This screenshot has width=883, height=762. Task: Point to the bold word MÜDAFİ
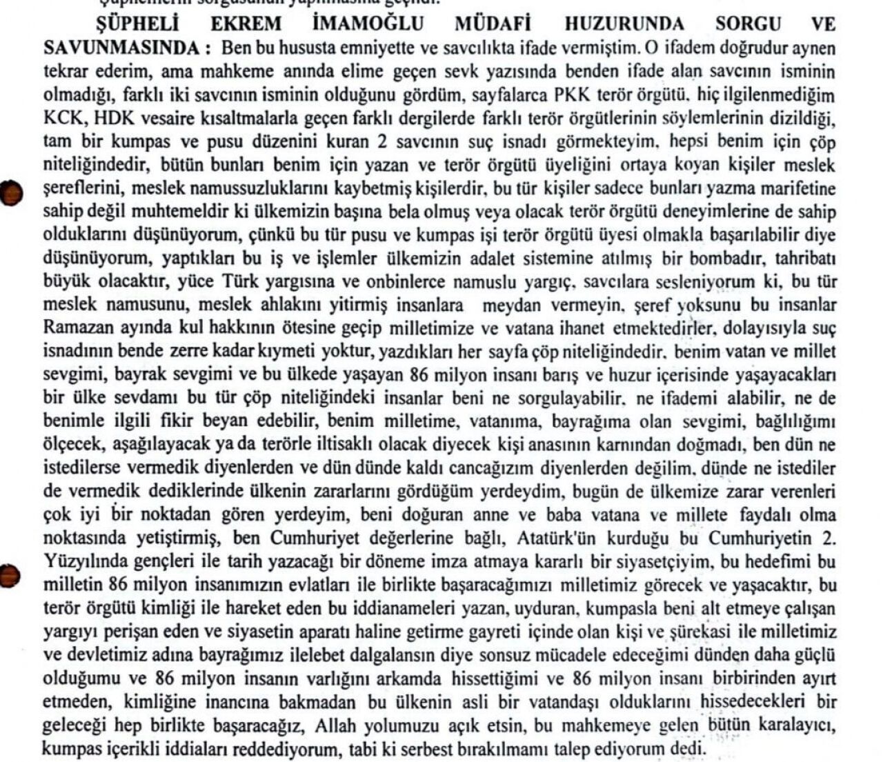point(493,23)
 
